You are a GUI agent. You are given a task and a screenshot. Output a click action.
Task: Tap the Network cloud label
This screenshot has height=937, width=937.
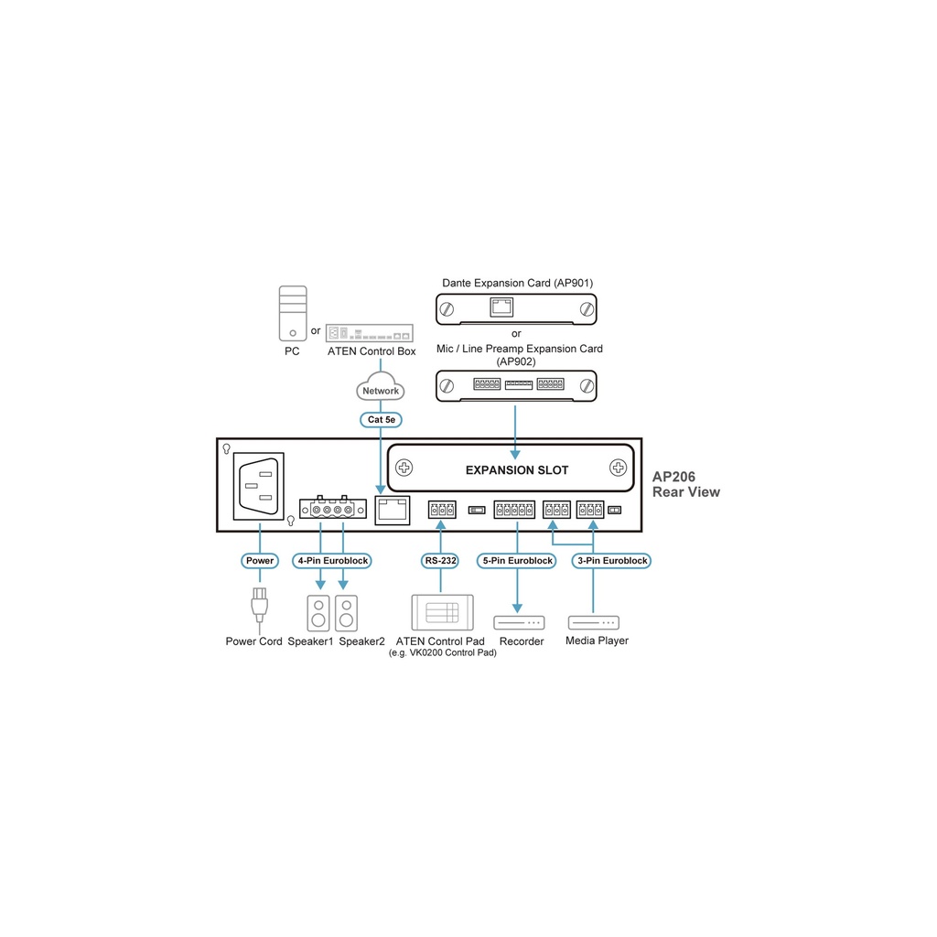(381, 391)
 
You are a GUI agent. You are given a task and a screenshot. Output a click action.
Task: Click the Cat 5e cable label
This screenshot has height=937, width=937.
(381, 419)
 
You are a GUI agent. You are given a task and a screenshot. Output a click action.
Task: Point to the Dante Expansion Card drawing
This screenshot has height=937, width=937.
(515, 309)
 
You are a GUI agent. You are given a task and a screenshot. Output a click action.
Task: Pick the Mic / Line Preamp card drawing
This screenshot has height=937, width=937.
(515, 385)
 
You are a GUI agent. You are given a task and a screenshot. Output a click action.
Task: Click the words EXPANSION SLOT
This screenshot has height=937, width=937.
(517, 470)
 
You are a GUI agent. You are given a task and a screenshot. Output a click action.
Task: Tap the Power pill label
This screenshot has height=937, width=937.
(260, 561)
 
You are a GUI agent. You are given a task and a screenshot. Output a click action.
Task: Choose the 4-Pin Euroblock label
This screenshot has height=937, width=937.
(332, 561)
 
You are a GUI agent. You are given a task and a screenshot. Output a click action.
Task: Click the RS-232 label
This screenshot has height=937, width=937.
(441, 561)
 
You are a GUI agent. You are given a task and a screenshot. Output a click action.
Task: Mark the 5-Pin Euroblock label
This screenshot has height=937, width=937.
(517, 561)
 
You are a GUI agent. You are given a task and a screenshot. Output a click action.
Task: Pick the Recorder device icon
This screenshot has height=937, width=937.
(519, 623)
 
